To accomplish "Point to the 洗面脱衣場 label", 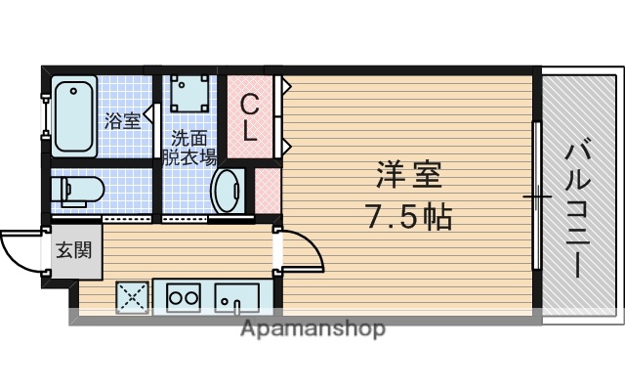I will pos(188,147).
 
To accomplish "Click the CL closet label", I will pos(250,117).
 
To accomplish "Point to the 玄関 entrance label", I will pos(72,249).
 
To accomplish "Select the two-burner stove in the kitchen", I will pos(182,295).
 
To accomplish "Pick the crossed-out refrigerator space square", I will pos(133,295).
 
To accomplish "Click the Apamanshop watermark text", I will pos(312,328).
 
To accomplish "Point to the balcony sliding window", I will pos(536,195).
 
